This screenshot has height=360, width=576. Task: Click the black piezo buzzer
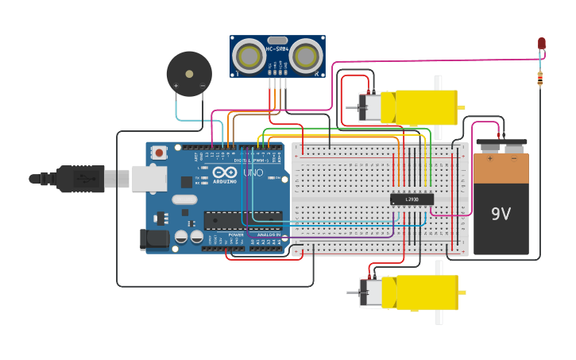(x=189, y=74)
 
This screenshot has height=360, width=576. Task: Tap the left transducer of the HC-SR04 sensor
(x=250, y=56)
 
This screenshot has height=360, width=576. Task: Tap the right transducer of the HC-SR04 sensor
(x=305, y=56)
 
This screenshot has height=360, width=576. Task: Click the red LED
(x=542, y=43)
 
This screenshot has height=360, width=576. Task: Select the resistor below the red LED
(x=540, y=78)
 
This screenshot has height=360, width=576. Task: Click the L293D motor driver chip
(x=412, y=199)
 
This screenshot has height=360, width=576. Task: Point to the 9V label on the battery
(x=501, y=213)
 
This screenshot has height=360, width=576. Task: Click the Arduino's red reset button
(x=160, y=152)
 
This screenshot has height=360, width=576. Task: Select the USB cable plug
(x=79, y=179)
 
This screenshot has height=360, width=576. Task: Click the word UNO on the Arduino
(x=253, y=172)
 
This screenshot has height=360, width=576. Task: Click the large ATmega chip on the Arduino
(x=242, y=220)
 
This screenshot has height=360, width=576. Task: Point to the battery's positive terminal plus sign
(x=489, y=157)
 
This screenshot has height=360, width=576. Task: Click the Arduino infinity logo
(x=226, y=172)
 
